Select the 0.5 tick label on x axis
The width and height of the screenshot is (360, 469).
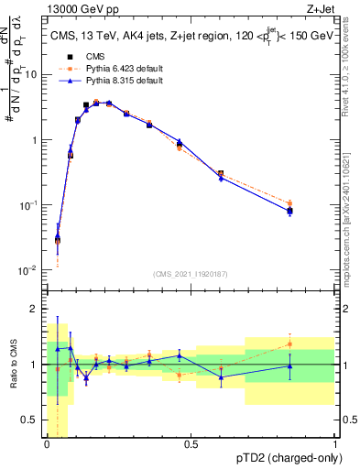(x=191, y=444)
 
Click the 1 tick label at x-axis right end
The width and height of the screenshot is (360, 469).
(x=334, y=444)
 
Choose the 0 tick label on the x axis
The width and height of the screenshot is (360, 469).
(x=47, y=444)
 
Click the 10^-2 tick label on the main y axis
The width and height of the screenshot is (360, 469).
(x=28, y=270)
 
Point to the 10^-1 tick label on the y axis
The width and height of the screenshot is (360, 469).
(x=28, y=205)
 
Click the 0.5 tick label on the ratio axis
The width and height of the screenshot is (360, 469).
(x=30, y=420)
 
